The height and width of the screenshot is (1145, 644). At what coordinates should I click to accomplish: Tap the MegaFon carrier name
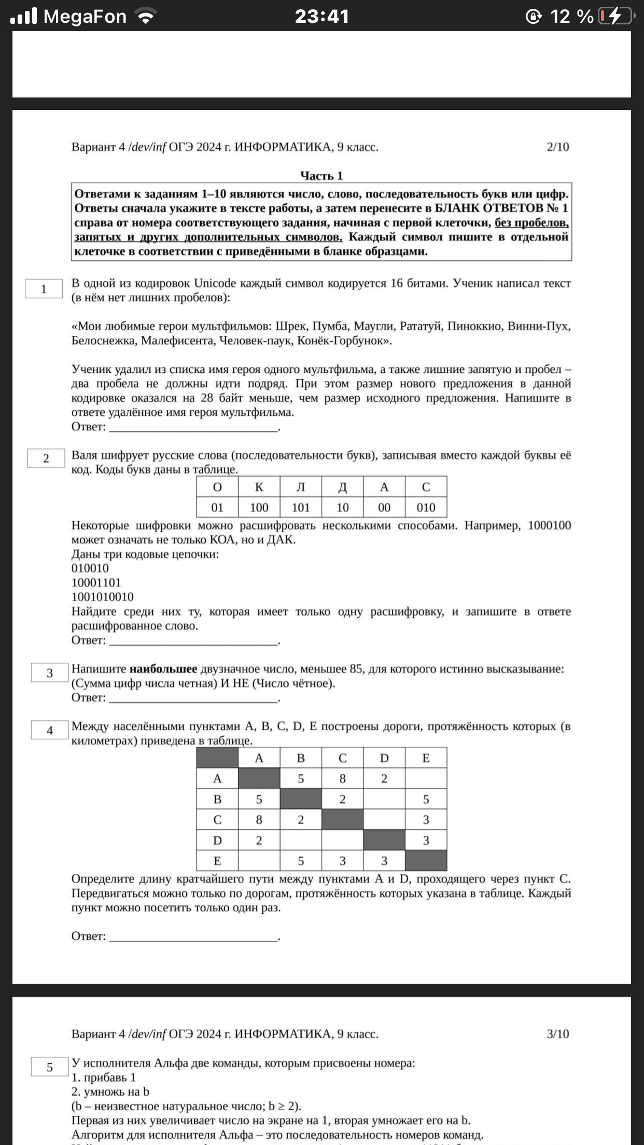click(85, 17)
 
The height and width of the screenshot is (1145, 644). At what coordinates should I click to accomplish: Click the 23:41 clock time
click(322, 17)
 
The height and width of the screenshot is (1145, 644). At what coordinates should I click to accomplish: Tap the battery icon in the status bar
click(616, 17)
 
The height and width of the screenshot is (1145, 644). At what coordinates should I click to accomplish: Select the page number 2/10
click(558, 147)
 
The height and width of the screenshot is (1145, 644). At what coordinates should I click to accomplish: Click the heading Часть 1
click(321, 176)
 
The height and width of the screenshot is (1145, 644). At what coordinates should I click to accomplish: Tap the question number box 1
click(44, 289)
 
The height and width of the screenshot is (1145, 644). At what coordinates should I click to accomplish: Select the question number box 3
click(50, 673)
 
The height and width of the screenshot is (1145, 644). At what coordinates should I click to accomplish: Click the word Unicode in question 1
click(215, 283)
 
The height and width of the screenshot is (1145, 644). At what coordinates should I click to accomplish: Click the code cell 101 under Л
click(301, 508)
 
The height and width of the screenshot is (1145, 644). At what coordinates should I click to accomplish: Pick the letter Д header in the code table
click(342, 487)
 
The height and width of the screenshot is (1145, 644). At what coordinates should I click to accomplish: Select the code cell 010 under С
click(426, 508)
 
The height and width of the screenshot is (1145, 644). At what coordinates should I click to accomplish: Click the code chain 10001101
click(96, 583)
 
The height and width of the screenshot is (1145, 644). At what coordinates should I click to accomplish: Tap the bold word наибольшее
click(163, 669)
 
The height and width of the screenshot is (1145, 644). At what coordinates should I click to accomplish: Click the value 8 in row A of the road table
click(342, 779)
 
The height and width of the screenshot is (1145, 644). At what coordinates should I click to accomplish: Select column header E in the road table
click(426, 758)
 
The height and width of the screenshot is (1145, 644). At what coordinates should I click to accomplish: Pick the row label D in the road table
click(217, 841)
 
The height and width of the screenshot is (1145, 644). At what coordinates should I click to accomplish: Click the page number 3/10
click(558, 1034)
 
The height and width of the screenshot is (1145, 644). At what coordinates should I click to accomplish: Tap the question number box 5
click(50, 1067)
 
